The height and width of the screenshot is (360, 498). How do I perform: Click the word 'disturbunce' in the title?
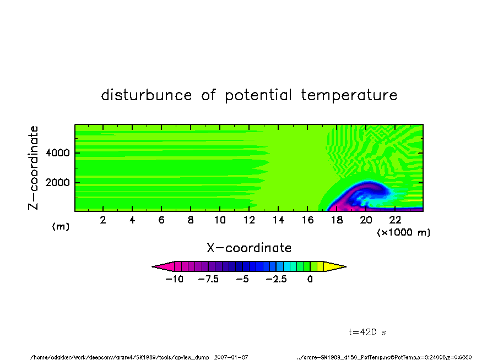pyautogui.click(x=147, y=95)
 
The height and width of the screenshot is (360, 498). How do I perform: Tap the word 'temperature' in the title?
pyautogui.click(x=349, y=95)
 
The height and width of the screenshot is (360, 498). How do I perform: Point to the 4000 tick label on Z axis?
pyautogui.click(x=57, y=153)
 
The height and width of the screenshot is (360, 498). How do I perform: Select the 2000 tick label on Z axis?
pyautogui.click(x=57, y=183)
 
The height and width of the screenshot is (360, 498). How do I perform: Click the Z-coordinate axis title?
pyautogui.click(x=33, y=168)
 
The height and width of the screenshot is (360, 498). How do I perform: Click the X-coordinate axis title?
pyautogui.click(x=249, y=248)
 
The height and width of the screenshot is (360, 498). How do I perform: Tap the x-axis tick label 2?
pyautogui.click(x=103, y=220)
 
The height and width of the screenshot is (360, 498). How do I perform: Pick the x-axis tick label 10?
pyautogui.click(x=220, y=220)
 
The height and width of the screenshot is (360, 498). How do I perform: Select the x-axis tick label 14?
pyautogui.click(x=278, y=220)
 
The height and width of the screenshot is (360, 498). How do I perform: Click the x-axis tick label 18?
pyautogui.click(x=337, y=220)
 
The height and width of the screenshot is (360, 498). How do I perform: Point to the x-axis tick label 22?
pyautogui.click(x=395, y=220)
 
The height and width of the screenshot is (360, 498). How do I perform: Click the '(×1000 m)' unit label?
pyautogui.click(x=403, y=232)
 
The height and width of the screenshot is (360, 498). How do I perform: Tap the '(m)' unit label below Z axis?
pyautogui.click(x=61, y=226)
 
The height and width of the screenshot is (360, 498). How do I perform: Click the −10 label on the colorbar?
pyautogui.click(x=175, y=279)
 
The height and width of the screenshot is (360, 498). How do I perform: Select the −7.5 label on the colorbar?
pyautogui.click(x=208, y=279)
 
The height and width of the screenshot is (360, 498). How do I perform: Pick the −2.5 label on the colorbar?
pyautogui.click(x=277, y=279)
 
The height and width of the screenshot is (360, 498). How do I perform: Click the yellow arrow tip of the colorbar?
pyautogui.click(x=346, y=266)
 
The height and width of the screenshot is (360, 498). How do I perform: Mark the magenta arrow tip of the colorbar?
pyautogui.click(x=152, y=266)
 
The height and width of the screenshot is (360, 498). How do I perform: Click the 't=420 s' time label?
pyautogui.click(x=367, y=332)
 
